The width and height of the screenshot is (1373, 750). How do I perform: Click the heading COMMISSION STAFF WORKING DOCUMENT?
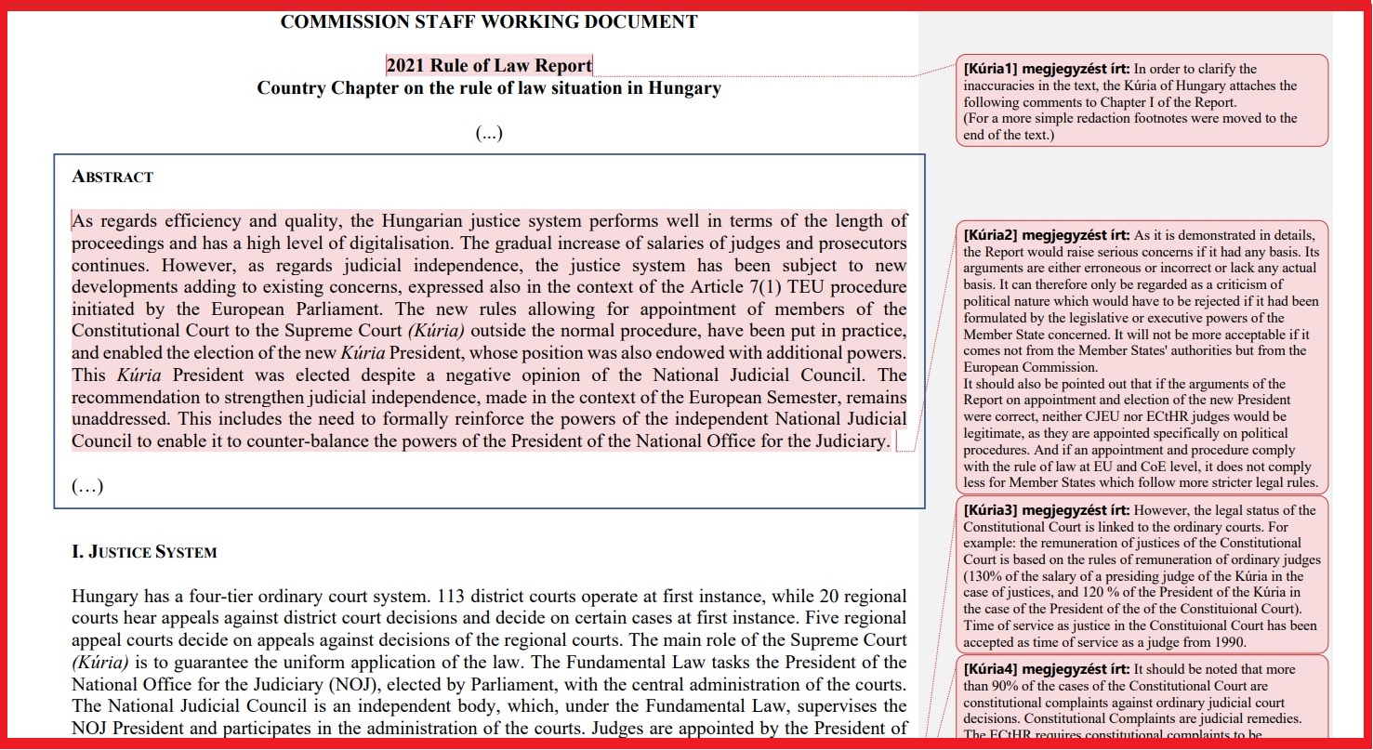(488, 21)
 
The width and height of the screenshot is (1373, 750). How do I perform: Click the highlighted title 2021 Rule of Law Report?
(489, 65)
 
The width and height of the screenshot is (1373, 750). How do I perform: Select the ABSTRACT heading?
(112, 177)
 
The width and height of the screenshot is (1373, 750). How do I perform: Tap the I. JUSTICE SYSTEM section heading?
(144, 552)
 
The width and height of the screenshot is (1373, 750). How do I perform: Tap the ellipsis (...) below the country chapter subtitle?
(489, 133)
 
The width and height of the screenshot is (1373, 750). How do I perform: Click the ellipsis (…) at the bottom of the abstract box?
(87, 486)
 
